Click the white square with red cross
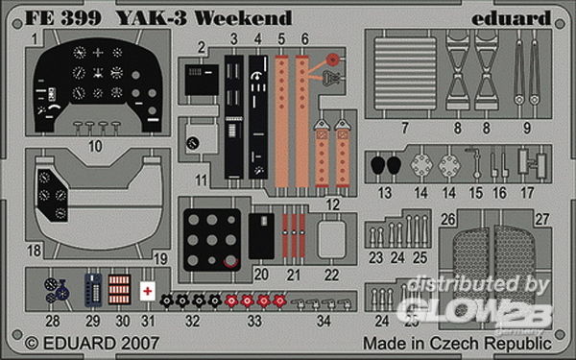[147, 291]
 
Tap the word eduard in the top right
[511, 18]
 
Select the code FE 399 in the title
[62, 18]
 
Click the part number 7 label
[404, 129]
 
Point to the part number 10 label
[95, 146]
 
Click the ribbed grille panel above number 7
[405, 73]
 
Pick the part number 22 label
[331, 275]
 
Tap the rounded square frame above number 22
[331, 239]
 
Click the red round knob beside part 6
[333, 59]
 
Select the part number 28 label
[53, 321]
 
